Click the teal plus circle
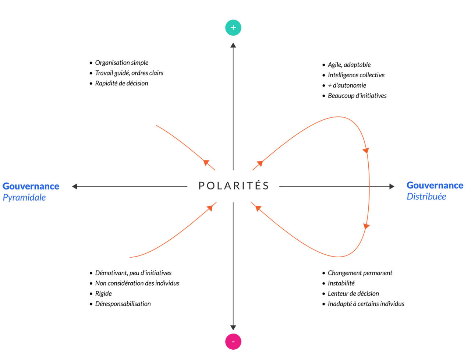pyautogui.click(x=233, y=28)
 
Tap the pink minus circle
pyautogui.click(x=233, y=341)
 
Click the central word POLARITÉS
pyautogui.click(x=234, y=186)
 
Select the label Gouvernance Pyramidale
pyautogui.click(x=31, y=191)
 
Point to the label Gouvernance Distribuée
pyautogui.click(x=435, y=191)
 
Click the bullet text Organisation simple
pyautogui.click(x=121, y=63)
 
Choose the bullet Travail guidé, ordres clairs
pyautogui.click(x=129, y=73)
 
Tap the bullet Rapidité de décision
pyautogui.click(x=121, y=83)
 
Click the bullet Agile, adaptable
pyautogui.click(x=349, y=65)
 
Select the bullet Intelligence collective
pyautogui.click(x=356, y=75)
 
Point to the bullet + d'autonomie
pyautogui.click(x=347, y=85)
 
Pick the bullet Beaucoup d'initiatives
pyautogui.click(x=357, y=96)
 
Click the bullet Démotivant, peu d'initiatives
pyautogui.click(x=133, y=273)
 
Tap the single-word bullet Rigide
pyautogui.click(x=103, y=293)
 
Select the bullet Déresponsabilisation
pyautogui.click(x=123, y=304)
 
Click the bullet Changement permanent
pyautogui.click(x=360, y=273)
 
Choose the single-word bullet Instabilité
pyautogui.click(x=341, y=283)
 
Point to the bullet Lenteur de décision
pyautogui.click(x=353, y=293)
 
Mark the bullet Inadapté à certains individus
pyautogui.click(x=366, y=304)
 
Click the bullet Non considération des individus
pyautogui.click(x=137, y=283)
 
